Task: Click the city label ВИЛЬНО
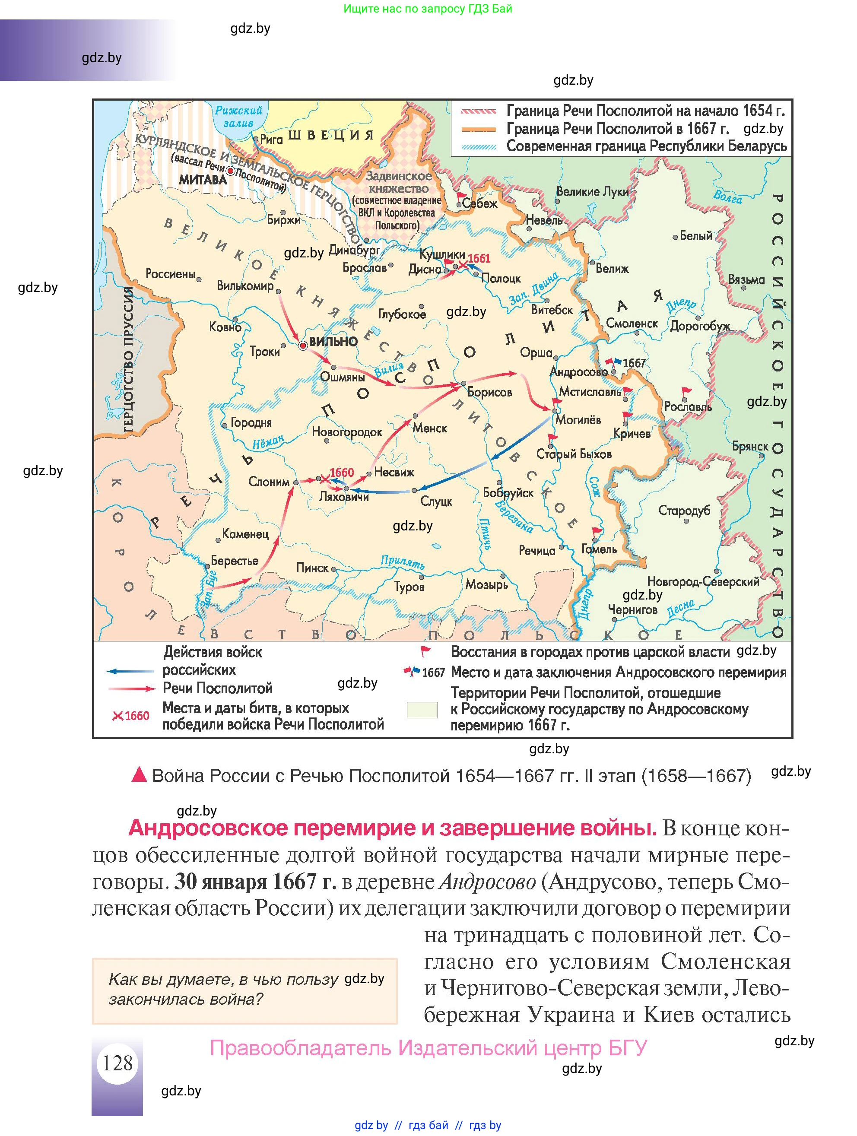[x=333, y=342]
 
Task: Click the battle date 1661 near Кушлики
[x=479, y=259]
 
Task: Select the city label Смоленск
[x=632, y=324]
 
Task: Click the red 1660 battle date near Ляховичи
[x=342, y=473]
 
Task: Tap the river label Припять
[x=403, y=562]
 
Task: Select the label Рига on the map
[x=271, y=139]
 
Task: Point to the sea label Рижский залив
[x=238, y=117]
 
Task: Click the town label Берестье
[x=235, y=561]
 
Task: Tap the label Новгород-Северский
[x=702, y=582]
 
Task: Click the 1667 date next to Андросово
[x=634, y=363]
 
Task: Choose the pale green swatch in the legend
[x=422, y=709]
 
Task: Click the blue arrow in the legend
[x=130, y=671]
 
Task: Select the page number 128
[x=117, y=1063]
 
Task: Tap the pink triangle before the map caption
[x=139, y=774]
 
